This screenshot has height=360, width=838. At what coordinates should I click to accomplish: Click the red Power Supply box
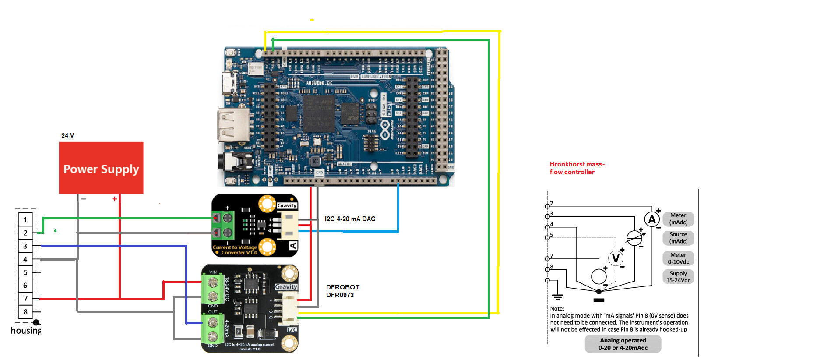pyautogui.click(x=101, y=168)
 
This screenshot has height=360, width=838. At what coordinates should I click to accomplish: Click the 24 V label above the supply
pyautogui.click(x=67, y=136)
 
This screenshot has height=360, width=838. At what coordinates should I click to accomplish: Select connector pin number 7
pyautogui.click(x=25, y=299)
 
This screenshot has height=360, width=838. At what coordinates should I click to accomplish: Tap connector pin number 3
pyautogui.click(x=25, y=246)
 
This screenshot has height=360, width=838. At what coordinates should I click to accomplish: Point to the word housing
pyautogui.click(x=25, y=331)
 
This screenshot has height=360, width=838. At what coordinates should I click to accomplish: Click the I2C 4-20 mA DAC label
pyautogui.click(x=350, y=219)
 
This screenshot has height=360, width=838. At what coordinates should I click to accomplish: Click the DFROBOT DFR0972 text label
pyautogui.click(x=342, y=291)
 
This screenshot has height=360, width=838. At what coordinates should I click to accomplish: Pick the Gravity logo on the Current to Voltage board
pyautogui.click(x=287, y=205)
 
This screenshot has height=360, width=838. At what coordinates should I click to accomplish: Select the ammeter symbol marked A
pyautogui.click(x=651, y=219)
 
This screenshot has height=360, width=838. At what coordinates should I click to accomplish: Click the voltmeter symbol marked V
pyautogui.click(x=616, y=258)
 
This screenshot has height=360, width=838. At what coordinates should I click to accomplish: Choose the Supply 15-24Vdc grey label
pyautogui.click(x=678, y=277)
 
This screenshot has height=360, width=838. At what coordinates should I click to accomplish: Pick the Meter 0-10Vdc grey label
pyautogui.click(x=678, y=258)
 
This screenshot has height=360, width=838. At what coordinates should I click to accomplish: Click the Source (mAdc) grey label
pyautogui.click(x=678, y=238)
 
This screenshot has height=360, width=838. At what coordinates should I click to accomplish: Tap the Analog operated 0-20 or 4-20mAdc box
pyautogui.click(x=623, y=344)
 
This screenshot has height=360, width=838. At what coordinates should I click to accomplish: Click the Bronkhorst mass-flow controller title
pyautogui.click(x=577, y=168)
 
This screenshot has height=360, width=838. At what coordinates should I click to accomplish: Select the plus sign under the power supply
pyautogui.click(x=115, y=199)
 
